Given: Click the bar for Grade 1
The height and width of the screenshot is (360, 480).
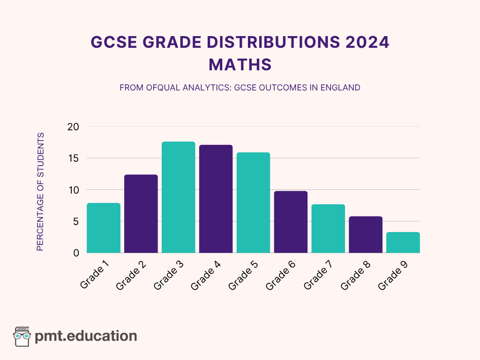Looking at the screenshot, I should [104, 228].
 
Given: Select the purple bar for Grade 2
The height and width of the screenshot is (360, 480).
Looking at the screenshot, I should [141, 214].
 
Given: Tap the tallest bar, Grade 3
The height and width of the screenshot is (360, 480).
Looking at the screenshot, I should [179, 197].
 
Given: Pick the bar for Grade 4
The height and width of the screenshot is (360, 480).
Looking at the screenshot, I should [216, 199].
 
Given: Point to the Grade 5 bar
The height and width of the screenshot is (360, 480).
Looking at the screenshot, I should [254, 203].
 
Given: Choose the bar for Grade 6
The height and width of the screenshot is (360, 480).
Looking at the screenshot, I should [291, 222].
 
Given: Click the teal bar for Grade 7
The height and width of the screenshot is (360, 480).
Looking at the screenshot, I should [329, 229].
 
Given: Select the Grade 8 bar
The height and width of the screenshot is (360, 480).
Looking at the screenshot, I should [366, 235].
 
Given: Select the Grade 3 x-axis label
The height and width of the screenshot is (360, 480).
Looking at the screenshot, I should [168, 275].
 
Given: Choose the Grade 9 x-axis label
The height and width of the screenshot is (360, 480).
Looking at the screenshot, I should [393, 275].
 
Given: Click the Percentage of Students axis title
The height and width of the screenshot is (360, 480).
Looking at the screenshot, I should [40, 192].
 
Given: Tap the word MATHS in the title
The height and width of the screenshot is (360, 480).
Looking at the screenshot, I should [240, 65].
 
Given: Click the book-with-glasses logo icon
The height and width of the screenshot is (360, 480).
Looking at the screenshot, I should [22, 336].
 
